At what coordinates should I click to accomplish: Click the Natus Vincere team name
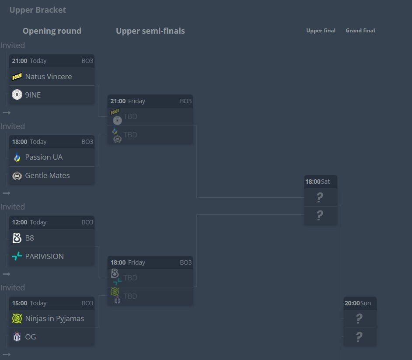(x=49, y=77)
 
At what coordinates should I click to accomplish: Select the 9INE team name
(x=33, y=95)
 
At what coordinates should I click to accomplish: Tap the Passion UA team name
(x=44, y=157)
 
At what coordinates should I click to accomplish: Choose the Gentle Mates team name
(x=47, y=175)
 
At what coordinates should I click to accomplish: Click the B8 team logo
(x=17, y=238)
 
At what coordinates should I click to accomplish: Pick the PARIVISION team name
(x=44, y=256)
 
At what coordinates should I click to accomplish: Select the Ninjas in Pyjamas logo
(x=17, y=318)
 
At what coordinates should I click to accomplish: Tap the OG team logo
(x=17, y=337)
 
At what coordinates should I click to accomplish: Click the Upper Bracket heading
(x=38, y=10)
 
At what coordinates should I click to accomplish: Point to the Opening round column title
(x=52, y=31)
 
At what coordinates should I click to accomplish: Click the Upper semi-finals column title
(x=150, y=31)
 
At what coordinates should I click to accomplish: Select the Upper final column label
(x=321, y=31)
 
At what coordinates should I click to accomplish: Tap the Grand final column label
(x=360, y=31)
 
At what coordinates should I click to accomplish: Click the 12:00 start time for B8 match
(x=20, y=222)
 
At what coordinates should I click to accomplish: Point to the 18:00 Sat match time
(x=318, y=182)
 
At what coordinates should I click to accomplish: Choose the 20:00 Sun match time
(x=357, y=303)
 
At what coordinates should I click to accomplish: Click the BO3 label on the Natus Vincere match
(x=87, y=61)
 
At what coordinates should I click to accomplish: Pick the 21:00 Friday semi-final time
(x=128, y=101)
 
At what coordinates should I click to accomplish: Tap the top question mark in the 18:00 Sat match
(x=320, y=197)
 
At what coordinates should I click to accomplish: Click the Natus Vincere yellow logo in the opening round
(x=17, y=77)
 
